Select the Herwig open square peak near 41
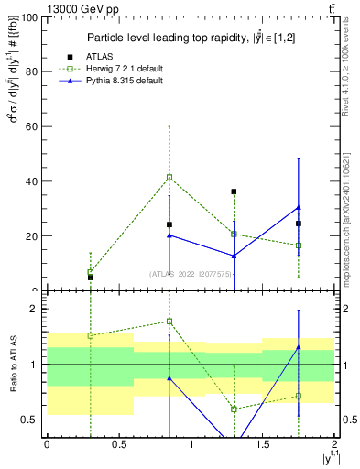click(x=169, y=177)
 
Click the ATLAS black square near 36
click(x=234, y=191)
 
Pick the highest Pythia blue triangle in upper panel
click(x=299, y=207)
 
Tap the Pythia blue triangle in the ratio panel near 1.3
click(x=299, y=347)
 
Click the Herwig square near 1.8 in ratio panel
click(x=169, y=321)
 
